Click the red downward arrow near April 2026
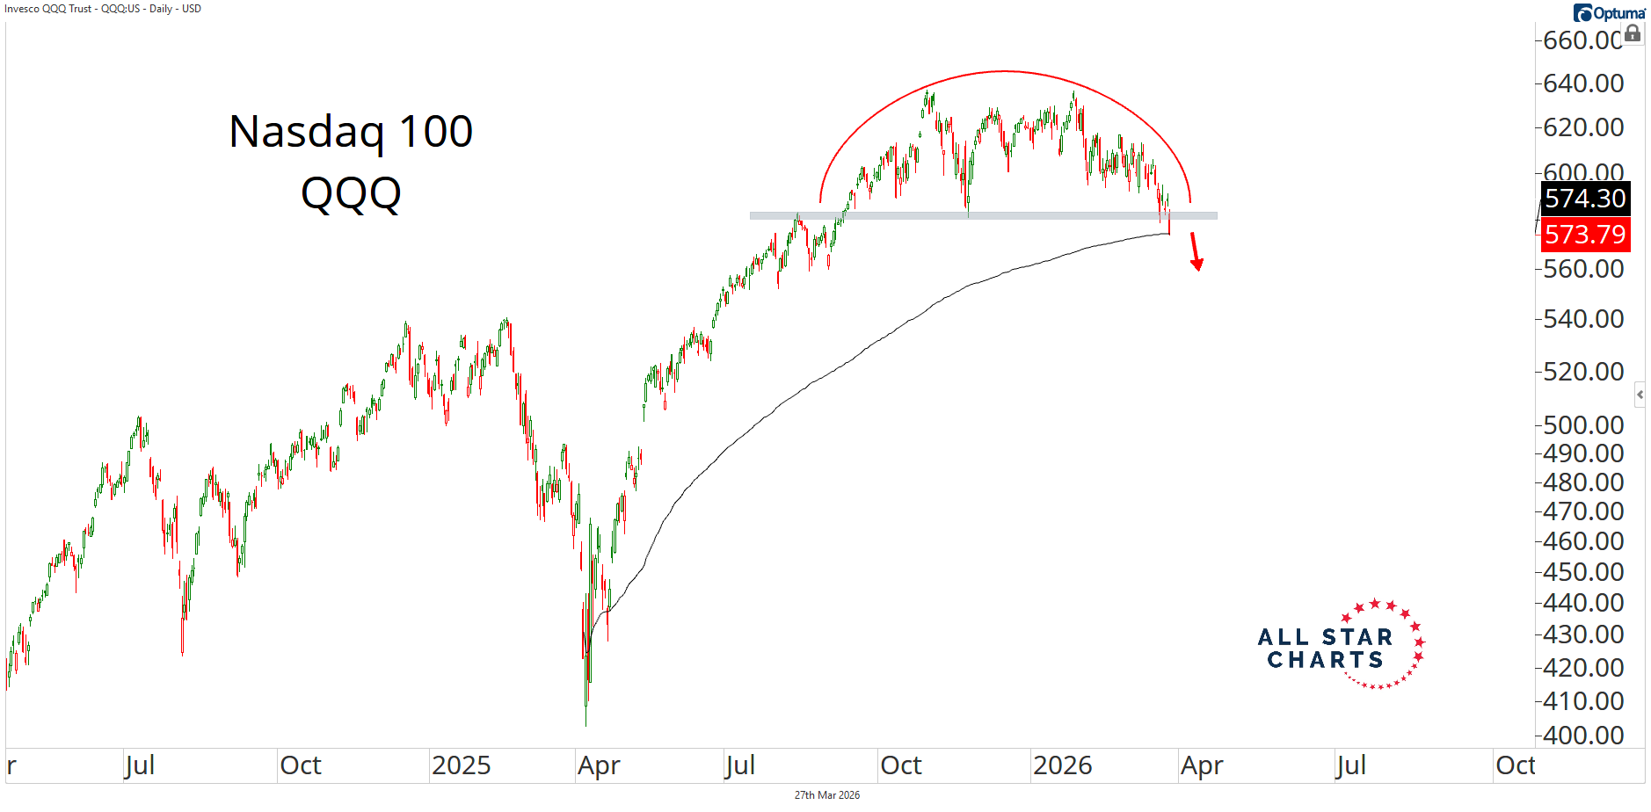(1196, 251)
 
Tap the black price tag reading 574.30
(1585, 199)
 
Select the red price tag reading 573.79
(1585, 235)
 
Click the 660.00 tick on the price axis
(1582, 40)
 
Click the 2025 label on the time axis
(461, 765)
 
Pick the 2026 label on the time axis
(1062, 765)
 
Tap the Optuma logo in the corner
(1609, 13)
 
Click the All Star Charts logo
(1341, 647)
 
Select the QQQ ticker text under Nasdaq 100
(351, 193)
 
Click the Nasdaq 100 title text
(351, 132)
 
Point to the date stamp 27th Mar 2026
(826, 795)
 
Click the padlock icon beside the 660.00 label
(1633, 33)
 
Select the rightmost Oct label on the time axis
(1516, 765)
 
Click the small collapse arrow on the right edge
(1640, 395)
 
